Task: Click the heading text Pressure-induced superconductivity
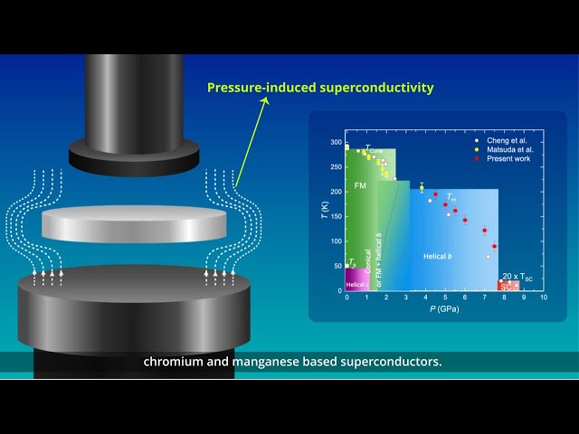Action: (x=320, y=88)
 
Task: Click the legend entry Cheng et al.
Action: (x=507, y=141)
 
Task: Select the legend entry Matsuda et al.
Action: (x=509, y=150)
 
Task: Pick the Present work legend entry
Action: (x=509, y=159)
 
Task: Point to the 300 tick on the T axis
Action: (x=337, y=143)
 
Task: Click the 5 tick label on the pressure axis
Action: (x=445, y=297)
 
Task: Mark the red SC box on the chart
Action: (x=507, y=286)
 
